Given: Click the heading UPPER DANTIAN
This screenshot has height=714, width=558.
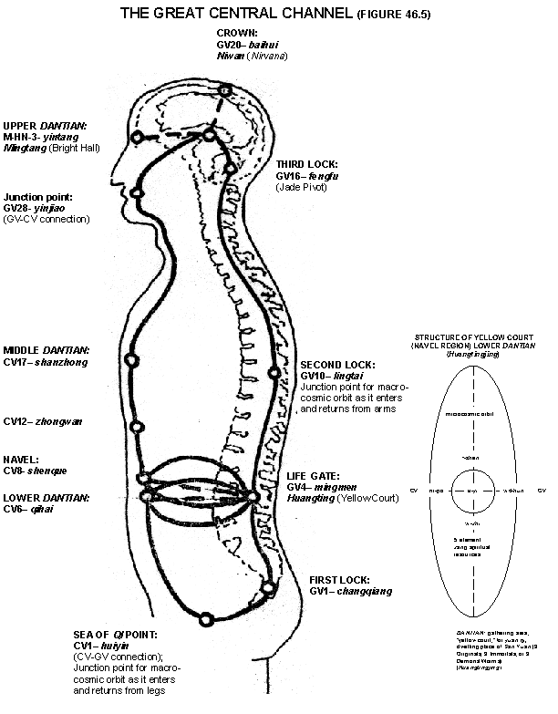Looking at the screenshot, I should tap(40, 126).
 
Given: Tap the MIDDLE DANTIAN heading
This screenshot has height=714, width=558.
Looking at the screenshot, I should tap(46, 350).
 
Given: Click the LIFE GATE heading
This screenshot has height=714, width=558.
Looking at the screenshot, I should tap(313, 476).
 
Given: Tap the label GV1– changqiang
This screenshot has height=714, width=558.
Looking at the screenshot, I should tap(350, 591).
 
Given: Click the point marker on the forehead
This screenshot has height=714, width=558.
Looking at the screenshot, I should tap(137, 137).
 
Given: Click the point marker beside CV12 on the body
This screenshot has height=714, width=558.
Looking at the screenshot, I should tap(136, 427).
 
